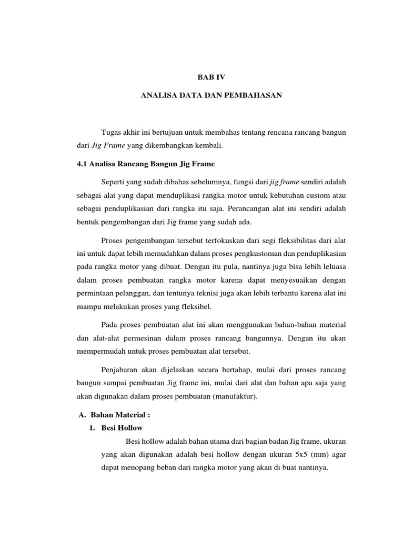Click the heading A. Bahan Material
coord(110,415)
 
